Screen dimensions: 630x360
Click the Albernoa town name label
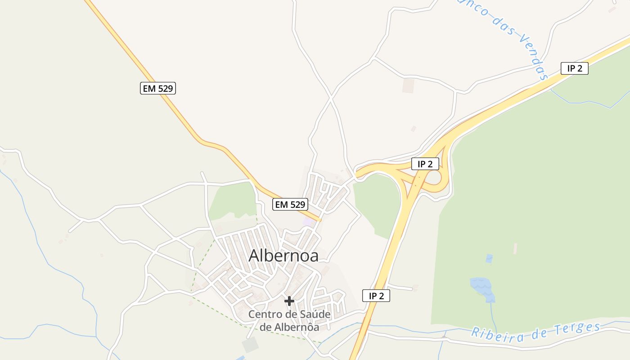pyautogui.click(x=283, y=256)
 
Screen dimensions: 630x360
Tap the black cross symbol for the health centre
pyautogui.click(x=289, y=301)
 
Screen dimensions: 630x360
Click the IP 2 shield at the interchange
pyautogui.click(x=425, y=164)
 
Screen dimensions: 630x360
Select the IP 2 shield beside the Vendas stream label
pyautogui.click(x=575, y=68)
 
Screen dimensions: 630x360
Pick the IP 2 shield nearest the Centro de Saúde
pyautogui.click(x=376, y=296)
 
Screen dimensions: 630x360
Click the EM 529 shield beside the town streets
pyautogui.click(x=290, y=204)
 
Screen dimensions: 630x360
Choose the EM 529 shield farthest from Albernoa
pyautogui.click(x=157, y=88)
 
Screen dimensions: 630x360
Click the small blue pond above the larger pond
pyautogui.click(x=489, y=258)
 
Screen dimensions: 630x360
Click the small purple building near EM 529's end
pyautogui.click(x=309, y=221)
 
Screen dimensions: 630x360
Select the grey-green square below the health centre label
pyautogui.click(x=250, y=345)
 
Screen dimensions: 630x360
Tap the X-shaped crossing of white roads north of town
pyautogui.click(x=331, y=97)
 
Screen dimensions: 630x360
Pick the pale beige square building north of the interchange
pyautogui.click(x=409, y=85)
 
